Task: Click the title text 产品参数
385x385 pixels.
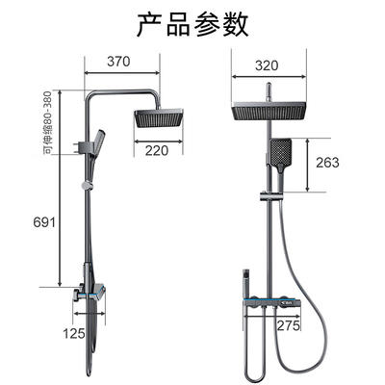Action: tap(192, 25)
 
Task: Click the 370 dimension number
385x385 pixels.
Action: tap(118, 62)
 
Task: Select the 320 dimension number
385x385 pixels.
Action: tap(267, 65)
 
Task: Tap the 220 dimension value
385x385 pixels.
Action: tap(157, 150)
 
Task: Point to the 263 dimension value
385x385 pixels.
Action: tap(327, 163)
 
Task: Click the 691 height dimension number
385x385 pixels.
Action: tap(44, 222)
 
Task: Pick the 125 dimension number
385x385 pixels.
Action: tap(74, 334)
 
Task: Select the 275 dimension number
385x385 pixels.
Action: tap(289, 325)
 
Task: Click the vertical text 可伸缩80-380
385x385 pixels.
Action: tap(47, 122)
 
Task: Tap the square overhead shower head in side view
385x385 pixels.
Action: tap(159, 117)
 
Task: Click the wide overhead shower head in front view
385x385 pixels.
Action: tap(269, 111)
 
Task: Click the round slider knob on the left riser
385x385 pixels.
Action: tap(87, 186)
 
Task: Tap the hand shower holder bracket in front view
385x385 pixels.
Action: tap(271, 196)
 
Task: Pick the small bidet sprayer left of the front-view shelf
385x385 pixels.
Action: tap(246, 281)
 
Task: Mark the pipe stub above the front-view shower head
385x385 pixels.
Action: tap(269, 92)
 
